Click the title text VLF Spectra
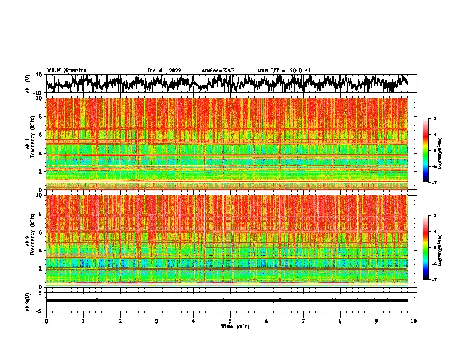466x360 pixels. [x=66, y=70]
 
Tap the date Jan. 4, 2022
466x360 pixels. [x=165, y=71]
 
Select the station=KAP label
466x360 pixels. [x=218, y=71]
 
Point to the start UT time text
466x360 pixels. [x=284, y=71]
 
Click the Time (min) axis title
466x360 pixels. [x=235, y=326]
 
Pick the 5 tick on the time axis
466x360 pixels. [x=230, y=321]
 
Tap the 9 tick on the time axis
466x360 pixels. [x=377, y=321]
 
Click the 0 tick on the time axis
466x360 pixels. [x=46, y=321]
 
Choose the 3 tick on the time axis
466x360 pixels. [x=157, y=321]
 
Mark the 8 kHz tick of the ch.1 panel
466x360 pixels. [x=41, y=116]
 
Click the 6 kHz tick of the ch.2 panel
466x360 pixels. [x=41, y=232]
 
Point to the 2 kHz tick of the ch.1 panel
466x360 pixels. [x=41, y=172]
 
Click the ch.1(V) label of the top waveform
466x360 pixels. [x=28, y=84]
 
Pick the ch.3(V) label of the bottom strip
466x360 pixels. [x=28, y=301]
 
